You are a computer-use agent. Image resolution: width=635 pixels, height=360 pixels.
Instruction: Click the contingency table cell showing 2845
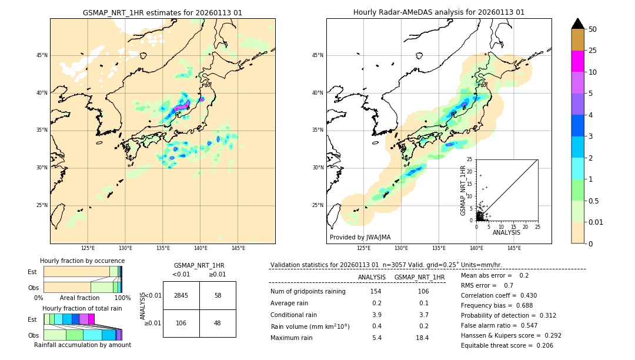click(x=181, y=295)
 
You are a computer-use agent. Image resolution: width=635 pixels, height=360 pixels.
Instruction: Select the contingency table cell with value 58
click(x=218, y=295)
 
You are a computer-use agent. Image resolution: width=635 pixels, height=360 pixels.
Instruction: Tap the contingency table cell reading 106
click(x=181, y=323)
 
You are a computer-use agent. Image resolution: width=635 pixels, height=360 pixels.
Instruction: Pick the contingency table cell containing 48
click(x=218, y=323)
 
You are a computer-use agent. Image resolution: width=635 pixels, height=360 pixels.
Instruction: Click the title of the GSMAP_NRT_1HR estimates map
click(x=162, y=12)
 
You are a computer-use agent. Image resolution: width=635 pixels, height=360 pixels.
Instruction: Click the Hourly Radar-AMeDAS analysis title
click(x=439, y=12)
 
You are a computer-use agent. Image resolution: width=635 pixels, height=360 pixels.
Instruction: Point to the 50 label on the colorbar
click(x=593, y=29)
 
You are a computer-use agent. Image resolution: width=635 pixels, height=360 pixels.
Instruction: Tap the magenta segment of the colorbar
click(x=577, y=61)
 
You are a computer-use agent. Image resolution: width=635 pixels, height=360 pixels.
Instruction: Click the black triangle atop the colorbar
click(x=577, y=24)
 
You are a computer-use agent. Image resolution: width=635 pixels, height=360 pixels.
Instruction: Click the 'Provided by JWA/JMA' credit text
click(x=360, y=238)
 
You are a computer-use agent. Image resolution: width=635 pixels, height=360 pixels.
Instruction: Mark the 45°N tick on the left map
click(x=42, y=55)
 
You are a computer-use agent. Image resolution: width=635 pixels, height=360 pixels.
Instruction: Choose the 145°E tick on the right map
click(x=514, y=249)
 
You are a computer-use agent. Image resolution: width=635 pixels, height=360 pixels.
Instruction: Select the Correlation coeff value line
click(x=499, y=295)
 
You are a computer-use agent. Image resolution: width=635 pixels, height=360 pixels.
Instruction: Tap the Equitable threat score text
click(x=507, y=345)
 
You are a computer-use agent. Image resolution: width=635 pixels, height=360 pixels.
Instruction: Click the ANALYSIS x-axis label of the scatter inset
click(x=506, y=232)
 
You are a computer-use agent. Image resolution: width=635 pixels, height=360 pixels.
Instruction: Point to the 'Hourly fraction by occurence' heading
click(x=82, y=261)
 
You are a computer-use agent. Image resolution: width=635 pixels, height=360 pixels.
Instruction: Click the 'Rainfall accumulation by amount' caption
click(x=82, y=345)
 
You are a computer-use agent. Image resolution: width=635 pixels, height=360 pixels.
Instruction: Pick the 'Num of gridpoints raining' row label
click(x=308, y=292)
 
